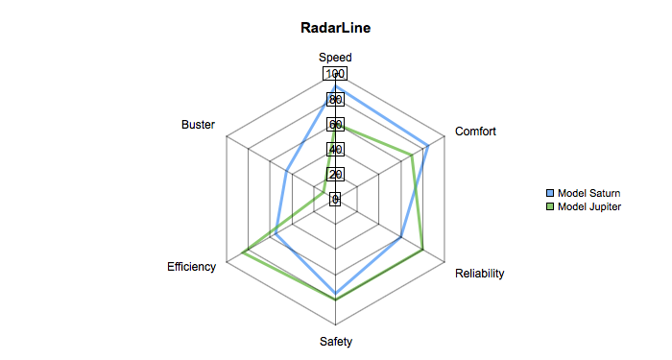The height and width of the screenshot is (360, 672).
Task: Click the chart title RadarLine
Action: (336, 28)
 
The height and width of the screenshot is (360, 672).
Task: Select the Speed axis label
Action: (335, 58)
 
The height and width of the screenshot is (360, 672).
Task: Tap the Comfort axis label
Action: (475, 132)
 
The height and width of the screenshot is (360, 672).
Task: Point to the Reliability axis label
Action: (480, 274)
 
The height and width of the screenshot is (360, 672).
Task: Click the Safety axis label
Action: (336, 342)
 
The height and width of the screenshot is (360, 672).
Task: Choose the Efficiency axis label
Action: (192, 267)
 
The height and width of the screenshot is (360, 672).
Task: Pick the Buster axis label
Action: (198, 125)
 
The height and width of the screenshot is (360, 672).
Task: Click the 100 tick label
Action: (335, 74)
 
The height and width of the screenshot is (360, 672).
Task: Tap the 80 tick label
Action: (335, 100)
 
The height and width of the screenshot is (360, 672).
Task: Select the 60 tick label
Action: (335, 124)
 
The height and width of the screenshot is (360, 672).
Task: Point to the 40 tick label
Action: (335, 149)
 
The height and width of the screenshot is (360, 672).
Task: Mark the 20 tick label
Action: (335, 174)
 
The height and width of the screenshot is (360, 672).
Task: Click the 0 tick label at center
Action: (335, 199)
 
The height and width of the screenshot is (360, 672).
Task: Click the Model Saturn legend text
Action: (588, 193)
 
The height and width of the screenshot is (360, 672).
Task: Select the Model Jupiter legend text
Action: (589, 206)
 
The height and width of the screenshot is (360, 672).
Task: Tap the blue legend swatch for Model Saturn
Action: (550, 193)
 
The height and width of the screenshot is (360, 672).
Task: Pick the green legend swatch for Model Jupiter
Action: (550, 207)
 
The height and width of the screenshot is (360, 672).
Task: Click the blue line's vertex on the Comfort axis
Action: (428, 146)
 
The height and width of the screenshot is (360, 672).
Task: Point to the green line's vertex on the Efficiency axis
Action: (243, 252)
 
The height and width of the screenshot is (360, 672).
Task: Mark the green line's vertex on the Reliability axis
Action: (422, 249)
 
